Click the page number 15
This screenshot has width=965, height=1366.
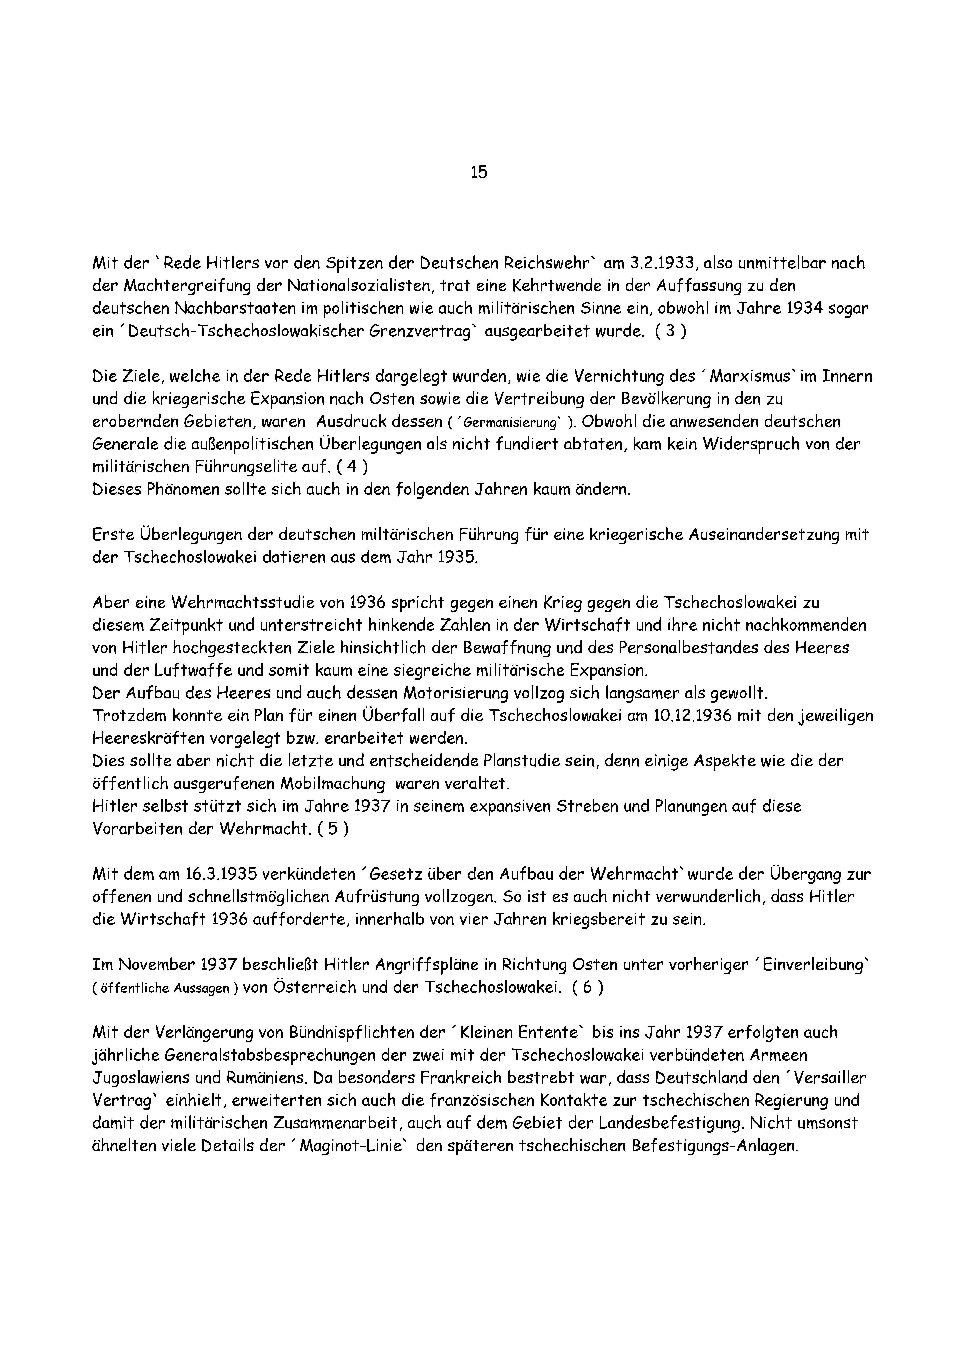(479, 172)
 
